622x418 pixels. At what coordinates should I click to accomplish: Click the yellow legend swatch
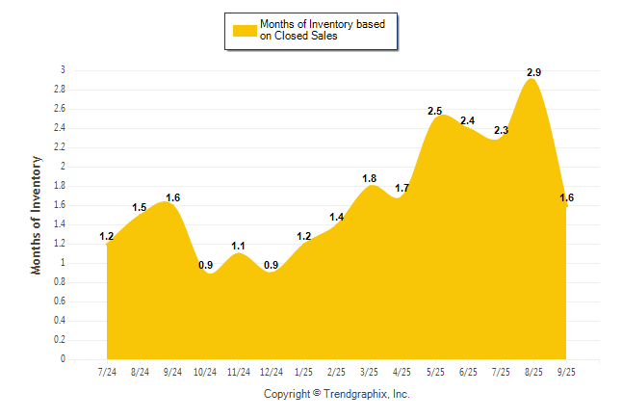coord(245,31)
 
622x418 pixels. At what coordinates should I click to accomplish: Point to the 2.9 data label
coord(532,72)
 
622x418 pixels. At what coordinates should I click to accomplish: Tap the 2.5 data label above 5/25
coord(434,111)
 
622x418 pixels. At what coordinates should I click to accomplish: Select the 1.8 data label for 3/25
coord(369,178)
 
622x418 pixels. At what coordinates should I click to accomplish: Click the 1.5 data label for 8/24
coord(140,207)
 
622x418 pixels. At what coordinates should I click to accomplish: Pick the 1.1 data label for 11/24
coord(238,246)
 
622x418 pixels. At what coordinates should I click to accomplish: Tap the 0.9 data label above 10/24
coord(205,265)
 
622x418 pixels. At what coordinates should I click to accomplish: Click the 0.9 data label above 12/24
coord(271,265)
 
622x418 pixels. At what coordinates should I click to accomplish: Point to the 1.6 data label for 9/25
coord(566,197)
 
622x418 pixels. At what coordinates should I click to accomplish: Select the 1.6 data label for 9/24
coord(172,197)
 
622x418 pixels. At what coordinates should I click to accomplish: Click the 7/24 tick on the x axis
coord(107,373)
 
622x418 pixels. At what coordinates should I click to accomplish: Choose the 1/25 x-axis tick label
coord(303,373)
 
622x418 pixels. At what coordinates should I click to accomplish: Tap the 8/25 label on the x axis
coord(532,373)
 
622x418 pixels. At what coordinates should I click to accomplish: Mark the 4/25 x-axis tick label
coord(402,373)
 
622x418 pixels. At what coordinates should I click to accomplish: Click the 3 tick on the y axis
coord(64,70)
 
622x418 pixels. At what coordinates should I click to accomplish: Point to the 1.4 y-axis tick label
coord(60,224)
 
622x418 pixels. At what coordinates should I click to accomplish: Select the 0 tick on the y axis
coord(64,359)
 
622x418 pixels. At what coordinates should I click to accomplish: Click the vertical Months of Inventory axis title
coord(37,215)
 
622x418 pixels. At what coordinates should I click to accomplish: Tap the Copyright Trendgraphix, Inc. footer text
coord(337,394)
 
